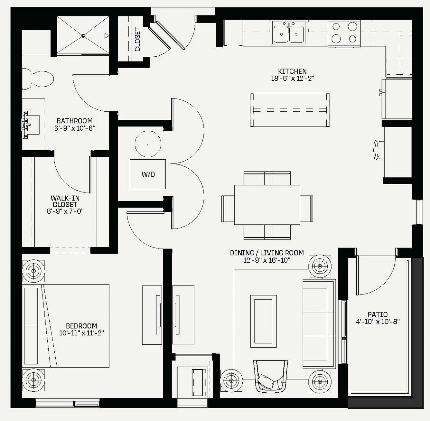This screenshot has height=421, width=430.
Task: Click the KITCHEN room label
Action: (292, 71)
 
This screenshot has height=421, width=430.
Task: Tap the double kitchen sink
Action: (289, 33)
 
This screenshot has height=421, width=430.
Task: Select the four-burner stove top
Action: (344, 33)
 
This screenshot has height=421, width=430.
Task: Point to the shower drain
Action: (83, 35)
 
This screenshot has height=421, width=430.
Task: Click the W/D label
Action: (148, 174)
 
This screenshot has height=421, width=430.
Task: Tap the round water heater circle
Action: (148, 144)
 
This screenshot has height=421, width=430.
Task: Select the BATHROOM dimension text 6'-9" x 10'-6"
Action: (75, 128)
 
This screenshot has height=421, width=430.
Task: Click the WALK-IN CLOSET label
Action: (65, 201)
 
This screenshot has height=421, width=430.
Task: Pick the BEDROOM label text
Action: (81, 326)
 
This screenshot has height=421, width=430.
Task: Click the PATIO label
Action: (378, 314)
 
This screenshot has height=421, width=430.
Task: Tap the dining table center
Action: (267, 205)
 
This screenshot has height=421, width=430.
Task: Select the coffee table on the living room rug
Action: (263, 321)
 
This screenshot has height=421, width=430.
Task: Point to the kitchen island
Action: (290, 110)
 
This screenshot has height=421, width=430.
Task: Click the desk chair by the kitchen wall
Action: (379, 150)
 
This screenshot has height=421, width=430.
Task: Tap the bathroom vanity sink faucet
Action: (25, 125)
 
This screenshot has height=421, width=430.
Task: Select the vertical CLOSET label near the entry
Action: (137, 39)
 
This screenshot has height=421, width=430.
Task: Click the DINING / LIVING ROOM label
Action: (267, 253)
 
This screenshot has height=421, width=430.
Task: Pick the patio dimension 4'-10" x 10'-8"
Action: (378, 322)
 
